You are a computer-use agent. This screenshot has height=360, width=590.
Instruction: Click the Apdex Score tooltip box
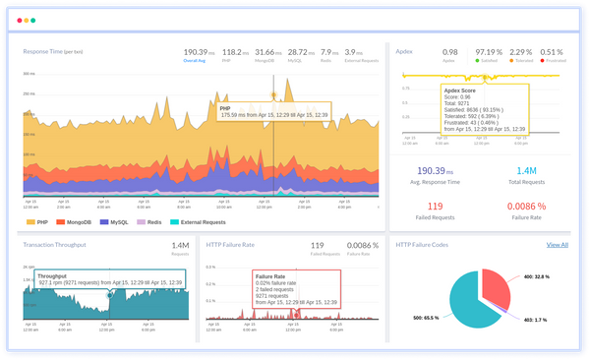coord(486,108)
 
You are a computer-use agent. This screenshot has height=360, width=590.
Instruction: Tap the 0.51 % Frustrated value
coord(552,51)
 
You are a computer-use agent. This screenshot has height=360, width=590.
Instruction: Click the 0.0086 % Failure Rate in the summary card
coord(525,207)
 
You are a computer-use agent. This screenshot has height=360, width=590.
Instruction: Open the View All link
coord(557,244)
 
